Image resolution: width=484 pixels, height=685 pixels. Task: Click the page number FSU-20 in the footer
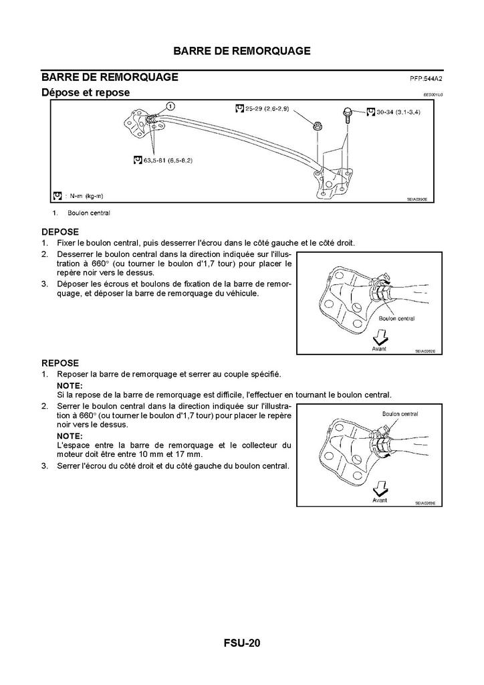(242, 644)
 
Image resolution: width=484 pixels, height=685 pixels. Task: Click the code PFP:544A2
(427, 78)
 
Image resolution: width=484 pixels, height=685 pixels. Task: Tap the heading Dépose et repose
(86, 92)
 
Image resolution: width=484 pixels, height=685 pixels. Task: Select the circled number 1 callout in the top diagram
(170, 106)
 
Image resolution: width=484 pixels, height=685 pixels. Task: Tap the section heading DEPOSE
(60, 231)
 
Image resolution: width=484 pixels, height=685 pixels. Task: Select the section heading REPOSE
(60, 363)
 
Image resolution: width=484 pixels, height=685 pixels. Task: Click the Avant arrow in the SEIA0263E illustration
(380, 486)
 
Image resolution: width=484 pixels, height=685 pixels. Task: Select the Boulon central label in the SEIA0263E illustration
(400, 414)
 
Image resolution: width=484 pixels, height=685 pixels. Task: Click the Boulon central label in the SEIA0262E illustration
(397, 318)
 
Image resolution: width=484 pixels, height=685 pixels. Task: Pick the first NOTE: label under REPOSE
(70, 386)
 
